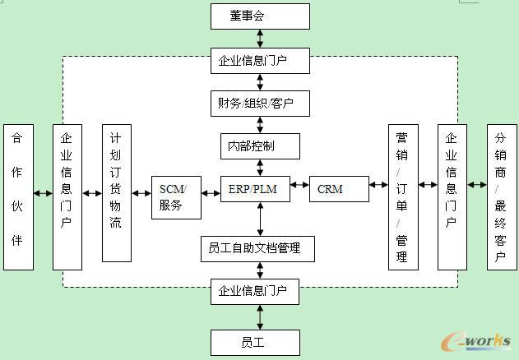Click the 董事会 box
click(x=260, y=16)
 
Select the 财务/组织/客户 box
click(x=260, y=104)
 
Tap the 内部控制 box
click(x=260, y=146)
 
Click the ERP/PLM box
click(x=260, y=189)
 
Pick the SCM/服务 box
click(x=177, y=197)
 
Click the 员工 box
click(x=260, y=341)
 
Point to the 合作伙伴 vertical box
click(x=18, y=197)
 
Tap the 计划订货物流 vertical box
click(x=117, y=193)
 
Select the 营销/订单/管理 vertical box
click(x=402, y=197)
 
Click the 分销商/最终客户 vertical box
click(x=502, y=197)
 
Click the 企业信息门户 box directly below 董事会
click(x=260, y=60)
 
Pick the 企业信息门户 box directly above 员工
click(x=260, y=291)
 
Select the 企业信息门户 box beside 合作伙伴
click(x=67, y=197)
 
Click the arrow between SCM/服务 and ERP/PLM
click(x=211, y=189)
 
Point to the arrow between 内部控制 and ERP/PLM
click(x=261, y=168)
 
